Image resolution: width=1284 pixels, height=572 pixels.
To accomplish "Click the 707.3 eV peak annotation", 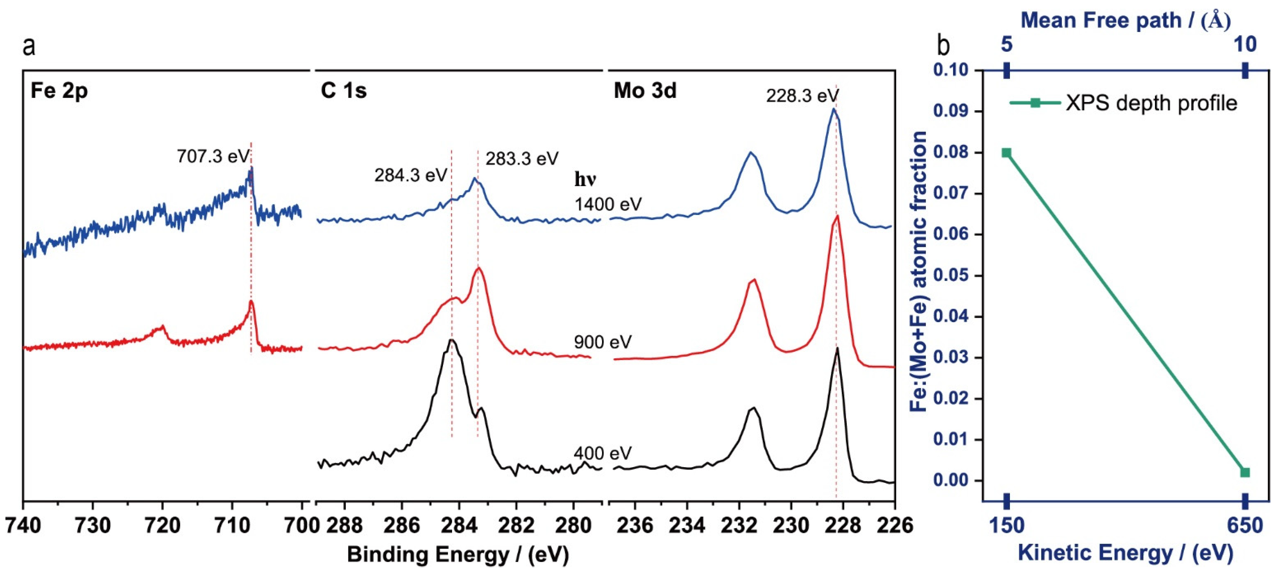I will click(x=213, y=157).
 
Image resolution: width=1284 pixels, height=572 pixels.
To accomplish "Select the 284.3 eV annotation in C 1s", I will click(x=411, y=175).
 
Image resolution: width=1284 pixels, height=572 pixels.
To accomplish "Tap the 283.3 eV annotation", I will click(x=522, y=159).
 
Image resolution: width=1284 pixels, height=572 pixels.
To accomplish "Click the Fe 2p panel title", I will click(x=59, y=91).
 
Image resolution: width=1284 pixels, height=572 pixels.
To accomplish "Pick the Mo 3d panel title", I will click(x=645, y=91).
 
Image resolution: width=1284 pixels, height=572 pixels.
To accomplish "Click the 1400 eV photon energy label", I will click(x=608, y=204).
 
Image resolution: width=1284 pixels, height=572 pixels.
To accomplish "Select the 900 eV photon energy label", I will click(x=603, y=342).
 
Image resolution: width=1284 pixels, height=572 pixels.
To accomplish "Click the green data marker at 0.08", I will click(x=1006, y=153).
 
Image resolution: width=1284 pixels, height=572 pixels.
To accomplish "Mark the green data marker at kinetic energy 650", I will click(x=1245, y=472).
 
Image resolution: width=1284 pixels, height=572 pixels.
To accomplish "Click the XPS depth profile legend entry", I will click(x=1151, y=103).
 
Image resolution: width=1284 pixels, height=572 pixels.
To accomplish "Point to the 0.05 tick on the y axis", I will click(x=952, y=276).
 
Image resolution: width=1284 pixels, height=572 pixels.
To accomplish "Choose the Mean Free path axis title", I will click(x=1125, y=21).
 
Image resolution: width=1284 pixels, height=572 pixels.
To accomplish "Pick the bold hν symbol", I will click(x=585, y=179).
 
